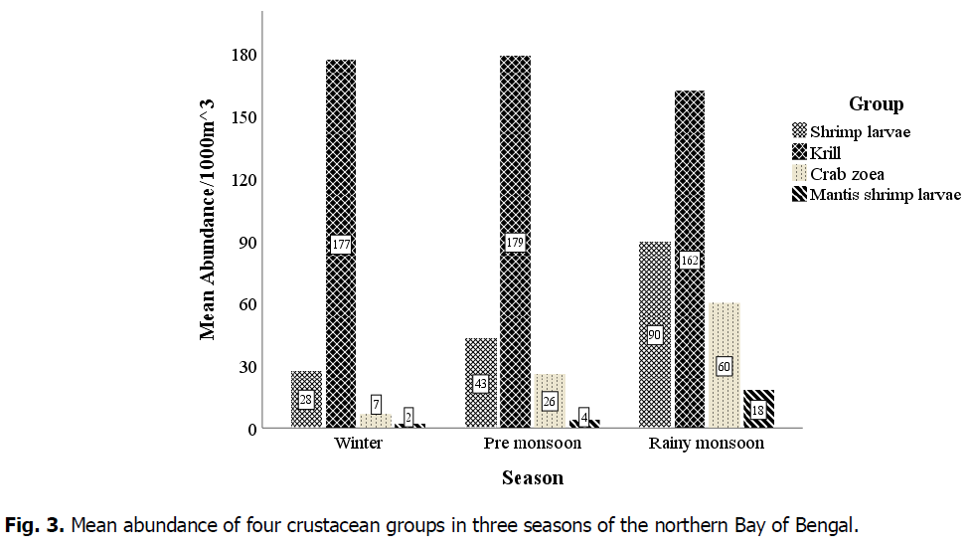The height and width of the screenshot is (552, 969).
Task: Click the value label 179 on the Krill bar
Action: pos(515,243)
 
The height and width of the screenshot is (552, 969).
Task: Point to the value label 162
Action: pos(690,261)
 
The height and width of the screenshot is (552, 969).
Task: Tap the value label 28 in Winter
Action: pos(307,400)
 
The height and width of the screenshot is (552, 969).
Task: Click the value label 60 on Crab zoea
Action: pos(725,366)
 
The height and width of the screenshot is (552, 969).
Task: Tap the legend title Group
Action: pos(876,104)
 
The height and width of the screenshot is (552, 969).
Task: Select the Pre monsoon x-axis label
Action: pos(532,444)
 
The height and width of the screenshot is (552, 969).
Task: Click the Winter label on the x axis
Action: pos(358,444)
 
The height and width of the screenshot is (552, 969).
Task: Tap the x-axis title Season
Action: pos(532,478)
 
